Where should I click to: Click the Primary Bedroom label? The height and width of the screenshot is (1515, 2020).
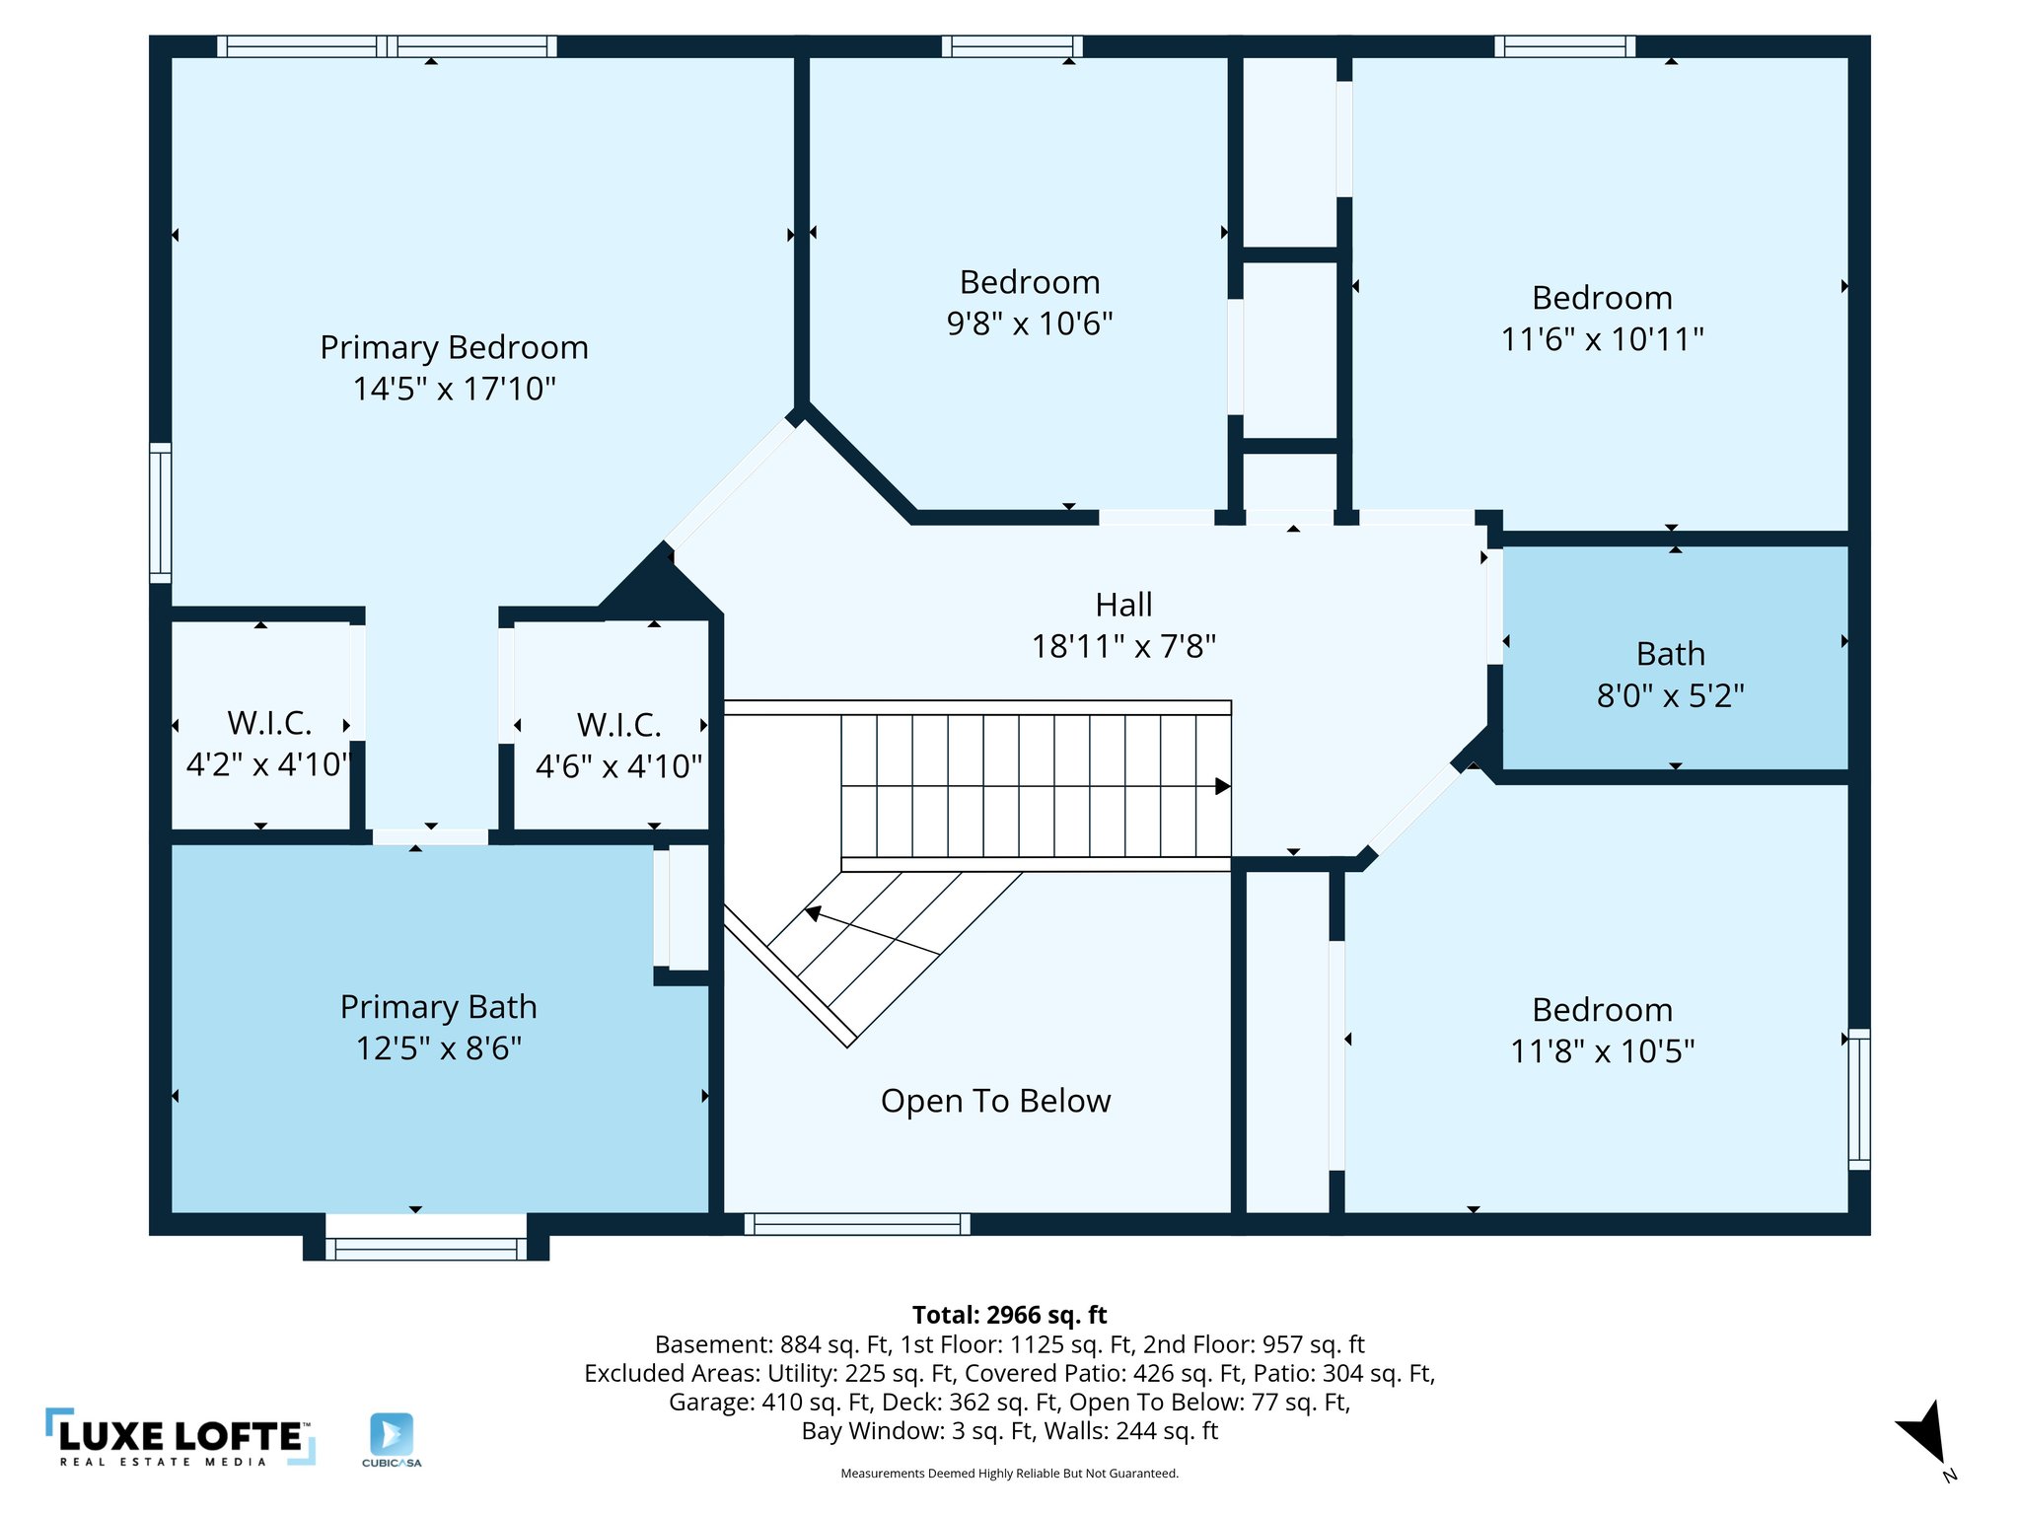point(454,347)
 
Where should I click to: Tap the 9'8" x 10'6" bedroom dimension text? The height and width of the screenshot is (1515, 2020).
point(1029,324)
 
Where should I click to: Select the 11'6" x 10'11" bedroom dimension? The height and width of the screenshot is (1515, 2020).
point(1602,339)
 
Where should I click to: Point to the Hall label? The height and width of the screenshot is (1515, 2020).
point(1123,605)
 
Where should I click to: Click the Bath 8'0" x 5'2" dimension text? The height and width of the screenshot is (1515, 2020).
point(1670,696)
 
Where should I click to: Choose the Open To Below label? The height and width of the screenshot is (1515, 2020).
point(995,1101)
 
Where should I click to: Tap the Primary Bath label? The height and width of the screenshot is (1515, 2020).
point(438,1007)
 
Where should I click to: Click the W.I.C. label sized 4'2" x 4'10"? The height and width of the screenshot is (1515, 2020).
point(269,723)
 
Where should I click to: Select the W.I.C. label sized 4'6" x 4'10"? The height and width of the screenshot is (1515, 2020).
point(618,725)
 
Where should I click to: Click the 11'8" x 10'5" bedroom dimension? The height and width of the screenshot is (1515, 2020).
point(1602,1051)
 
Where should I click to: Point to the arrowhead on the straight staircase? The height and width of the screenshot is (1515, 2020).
point(1222,786)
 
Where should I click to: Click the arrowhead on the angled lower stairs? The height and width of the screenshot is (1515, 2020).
point(813,913)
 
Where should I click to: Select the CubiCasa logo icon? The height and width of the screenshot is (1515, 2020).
point(392,1434)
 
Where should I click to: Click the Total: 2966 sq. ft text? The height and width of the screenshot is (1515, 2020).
point(1009,1315)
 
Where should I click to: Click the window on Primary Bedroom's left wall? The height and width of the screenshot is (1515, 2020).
point(160,513)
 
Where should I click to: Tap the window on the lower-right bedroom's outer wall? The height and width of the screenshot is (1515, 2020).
point(1858,1099)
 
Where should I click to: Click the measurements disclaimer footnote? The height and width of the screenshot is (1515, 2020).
point(1009,1474)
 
